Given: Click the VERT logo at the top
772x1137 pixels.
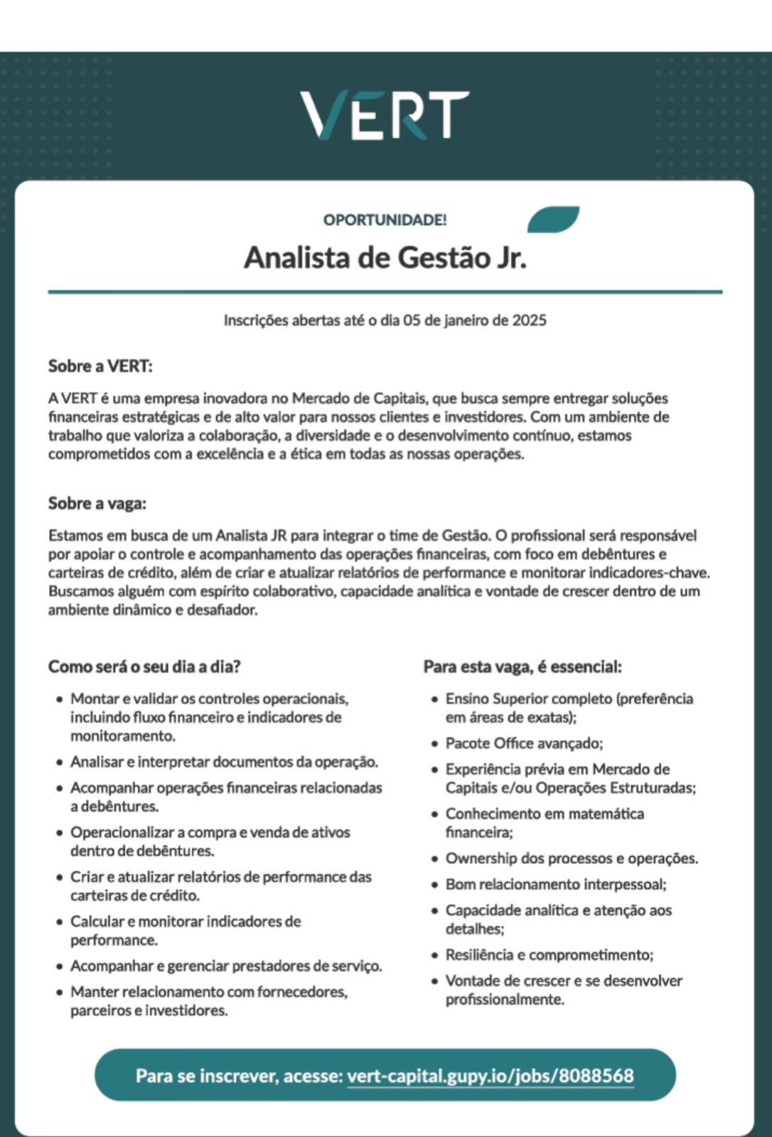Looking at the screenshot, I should click(385, 114).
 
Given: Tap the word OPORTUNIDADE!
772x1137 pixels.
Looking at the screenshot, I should click(385, 220).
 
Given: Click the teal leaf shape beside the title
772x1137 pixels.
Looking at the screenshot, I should click(553, 219).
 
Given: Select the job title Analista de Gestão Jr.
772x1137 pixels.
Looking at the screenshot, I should click(385, 257).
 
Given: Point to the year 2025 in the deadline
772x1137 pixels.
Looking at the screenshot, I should click(530, 320).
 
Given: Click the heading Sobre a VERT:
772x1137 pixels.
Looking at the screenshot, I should click(100, 367).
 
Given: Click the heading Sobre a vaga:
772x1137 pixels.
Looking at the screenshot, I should click(97, 504).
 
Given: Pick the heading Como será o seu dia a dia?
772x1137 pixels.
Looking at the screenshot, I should click(144, 667).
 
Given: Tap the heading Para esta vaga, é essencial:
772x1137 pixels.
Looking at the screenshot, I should click(522, 667).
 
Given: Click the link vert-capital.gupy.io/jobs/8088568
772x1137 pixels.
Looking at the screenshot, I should click(490, 1076).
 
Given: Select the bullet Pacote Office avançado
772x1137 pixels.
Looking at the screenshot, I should click(524, 743).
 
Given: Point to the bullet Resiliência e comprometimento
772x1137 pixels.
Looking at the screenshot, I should click(549, 955).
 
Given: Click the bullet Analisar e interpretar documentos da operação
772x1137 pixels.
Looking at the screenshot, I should click(224, 763).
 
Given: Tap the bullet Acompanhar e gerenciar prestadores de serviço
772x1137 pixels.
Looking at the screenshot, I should click(226, 966).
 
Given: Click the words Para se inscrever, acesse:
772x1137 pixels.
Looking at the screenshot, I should click(240, 1076).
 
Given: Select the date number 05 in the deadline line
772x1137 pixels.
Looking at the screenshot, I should click(412, 320).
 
